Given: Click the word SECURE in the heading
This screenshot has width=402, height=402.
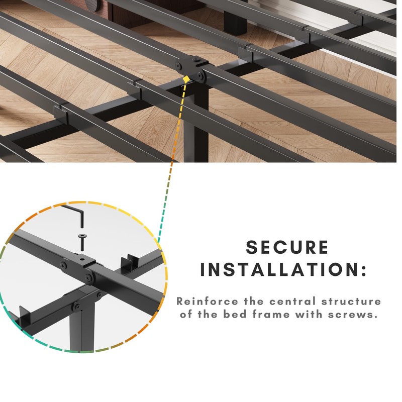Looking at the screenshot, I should tap(287, 247).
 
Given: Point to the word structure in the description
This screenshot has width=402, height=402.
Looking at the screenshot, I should tap(353, 301).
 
